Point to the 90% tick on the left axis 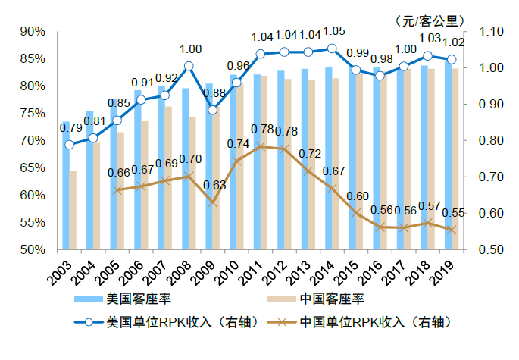pyautogui.click(x=33, y=32)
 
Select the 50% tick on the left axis pyautogui.click(x=33, y=249)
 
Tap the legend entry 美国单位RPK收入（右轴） pyautogui.click(x=163, y=321)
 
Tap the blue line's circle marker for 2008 pyautogui.click(x=189, y=67)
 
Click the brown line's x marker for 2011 pyautogui.click(x=260, y=146)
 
